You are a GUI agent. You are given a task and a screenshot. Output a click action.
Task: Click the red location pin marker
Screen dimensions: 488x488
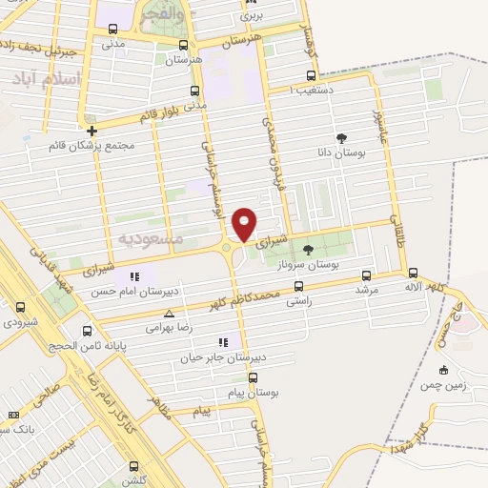(245, 224)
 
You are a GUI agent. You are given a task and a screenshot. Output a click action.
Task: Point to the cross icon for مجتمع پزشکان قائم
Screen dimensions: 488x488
(91, 131)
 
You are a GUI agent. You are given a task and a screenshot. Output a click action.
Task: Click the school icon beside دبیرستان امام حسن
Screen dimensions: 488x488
(134, 276)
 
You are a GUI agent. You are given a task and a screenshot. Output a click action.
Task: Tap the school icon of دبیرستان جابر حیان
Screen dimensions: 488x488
(223, 342)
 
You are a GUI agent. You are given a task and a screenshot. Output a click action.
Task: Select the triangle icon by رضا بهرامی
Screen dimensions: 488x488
(170, 314)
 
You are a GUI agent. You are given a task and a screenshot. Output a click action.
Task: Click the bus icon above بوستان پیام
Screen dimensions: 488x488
(254, 377)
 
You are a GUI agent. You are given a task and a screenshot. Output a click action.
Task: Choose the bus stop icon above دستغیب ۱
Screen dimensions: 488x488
(311, 75)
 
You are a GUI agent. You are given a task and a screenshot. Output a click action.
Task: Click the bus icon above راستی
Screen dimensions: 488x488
(299, 286)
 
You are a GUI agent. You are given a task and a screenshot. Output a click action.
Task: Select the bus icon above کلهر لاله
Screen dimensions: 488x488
(412, 273)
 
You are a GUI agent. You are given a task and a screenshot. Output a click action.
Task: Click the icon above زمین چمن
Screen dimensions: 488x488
(443, 370)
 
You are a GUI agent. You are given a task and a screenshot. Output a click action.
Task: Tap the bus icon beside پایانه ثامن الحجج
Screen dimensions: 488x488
(88, 332)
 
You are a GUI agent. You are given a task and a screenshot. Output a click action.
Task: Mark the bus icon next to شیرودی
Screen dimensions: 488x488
(21, 308)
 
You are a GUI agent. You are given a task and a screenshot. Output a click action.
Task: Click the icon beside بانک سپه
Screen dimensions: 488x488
(13, 415)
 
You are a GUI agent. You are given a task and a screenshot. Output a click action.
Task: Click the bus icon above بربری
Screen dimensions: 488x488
(251, 4)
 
